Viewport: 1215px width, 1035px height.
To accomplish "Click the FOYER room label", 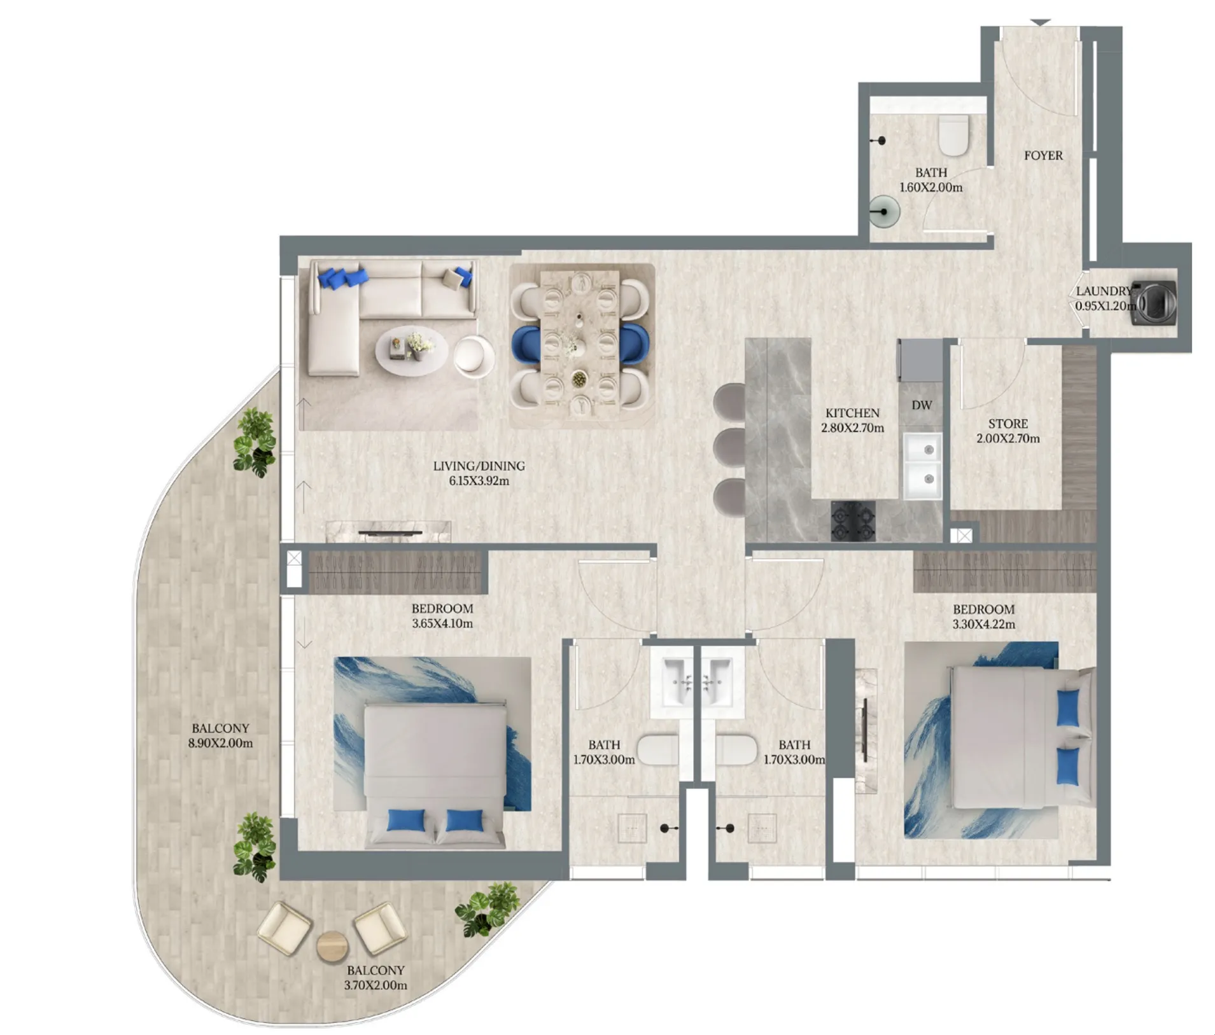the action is (1043, 155).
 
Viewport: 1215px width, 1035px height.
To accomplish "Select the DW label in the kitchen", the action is (922, 405).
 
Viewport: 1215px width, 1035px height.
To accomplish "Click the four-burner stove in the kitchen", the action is (853, 521).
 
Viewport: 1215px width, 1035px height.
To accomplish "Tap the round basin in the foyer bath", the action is (884, 212).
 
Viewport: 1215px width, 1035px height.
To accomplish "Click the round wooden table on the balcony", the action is (333, 946).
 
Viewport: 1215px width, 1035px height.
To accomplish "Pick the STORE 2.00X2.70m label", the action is (1008, 431).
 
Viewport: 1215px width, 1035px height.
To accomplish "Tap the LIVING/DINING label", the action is (479, 466).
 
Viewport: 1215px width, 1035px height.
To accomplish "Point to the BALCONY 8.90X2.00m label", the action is (220, 735).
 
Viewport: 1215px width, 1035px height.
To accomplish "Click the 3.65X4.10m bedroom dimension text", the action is (442, 623).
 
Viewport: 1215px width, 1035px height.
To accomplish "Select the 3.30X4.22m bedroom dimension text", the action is (984, 624).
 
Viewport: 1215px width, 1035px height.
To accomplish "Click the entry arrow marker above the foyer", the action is (1041, 23).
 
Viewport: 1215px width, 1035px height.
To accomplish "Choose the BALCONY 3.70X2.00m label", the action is (376, 978).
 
